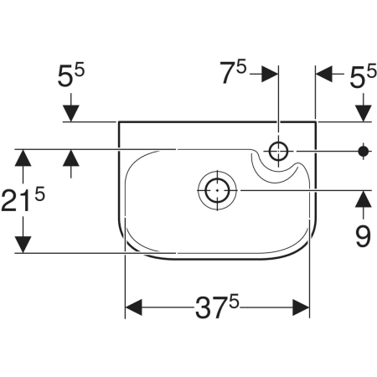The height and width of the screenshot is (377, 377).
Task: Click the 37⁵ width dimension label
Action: [x=217, y=307]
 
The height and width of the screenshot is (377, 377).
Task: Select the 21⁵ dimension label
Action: [x=23, y=199]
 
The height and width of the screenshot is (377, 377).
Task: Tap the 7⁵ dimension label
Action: [x=233, y=72]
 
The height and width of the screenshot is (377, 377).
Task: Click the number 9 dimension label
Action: [x=363, y=236]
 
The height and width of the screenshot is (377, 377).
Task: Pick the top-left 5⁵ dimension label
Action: [x=71, y=75]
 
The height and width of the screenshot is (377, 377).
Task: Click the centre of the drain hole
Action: [x=217, y=190]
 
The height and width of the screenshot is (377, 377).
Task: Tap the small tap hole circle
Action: [x=278, y=151]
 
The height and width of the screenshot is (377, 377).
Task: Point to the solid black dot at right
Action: [x=364, y=152]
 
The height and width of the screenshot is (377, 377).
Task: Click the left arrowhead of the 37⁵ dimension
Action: [x=134, y=307]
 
